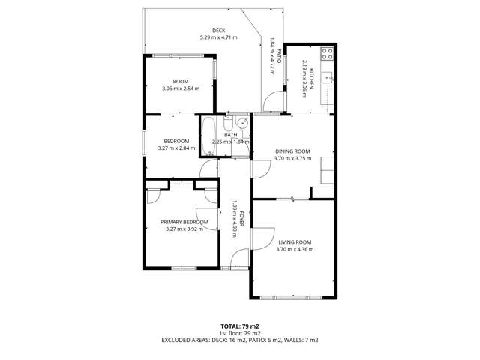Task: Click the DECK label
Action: click(x=218, y=30)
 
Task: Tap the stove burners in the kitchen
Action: click(x=328, y=54)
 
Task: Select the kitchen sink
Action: click(x=328, y=76)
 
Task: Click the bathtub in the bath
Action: click(x=208, y=136)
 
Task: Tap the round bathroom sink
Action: click(x=242, y=124)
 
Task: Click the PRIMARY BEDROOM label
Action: click(x=184, y=222)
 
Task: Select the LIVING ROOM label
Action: click(x=295, y=241)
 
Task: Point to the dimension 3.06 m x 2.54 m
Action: click(x=180, y=88)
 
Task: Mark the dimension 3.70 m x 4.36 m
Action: click(x=295, y=249)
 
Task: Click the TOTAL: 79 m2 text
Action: click(x=240, y=326)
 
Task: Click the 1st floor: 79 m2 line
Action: click(x=240, y=333)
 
